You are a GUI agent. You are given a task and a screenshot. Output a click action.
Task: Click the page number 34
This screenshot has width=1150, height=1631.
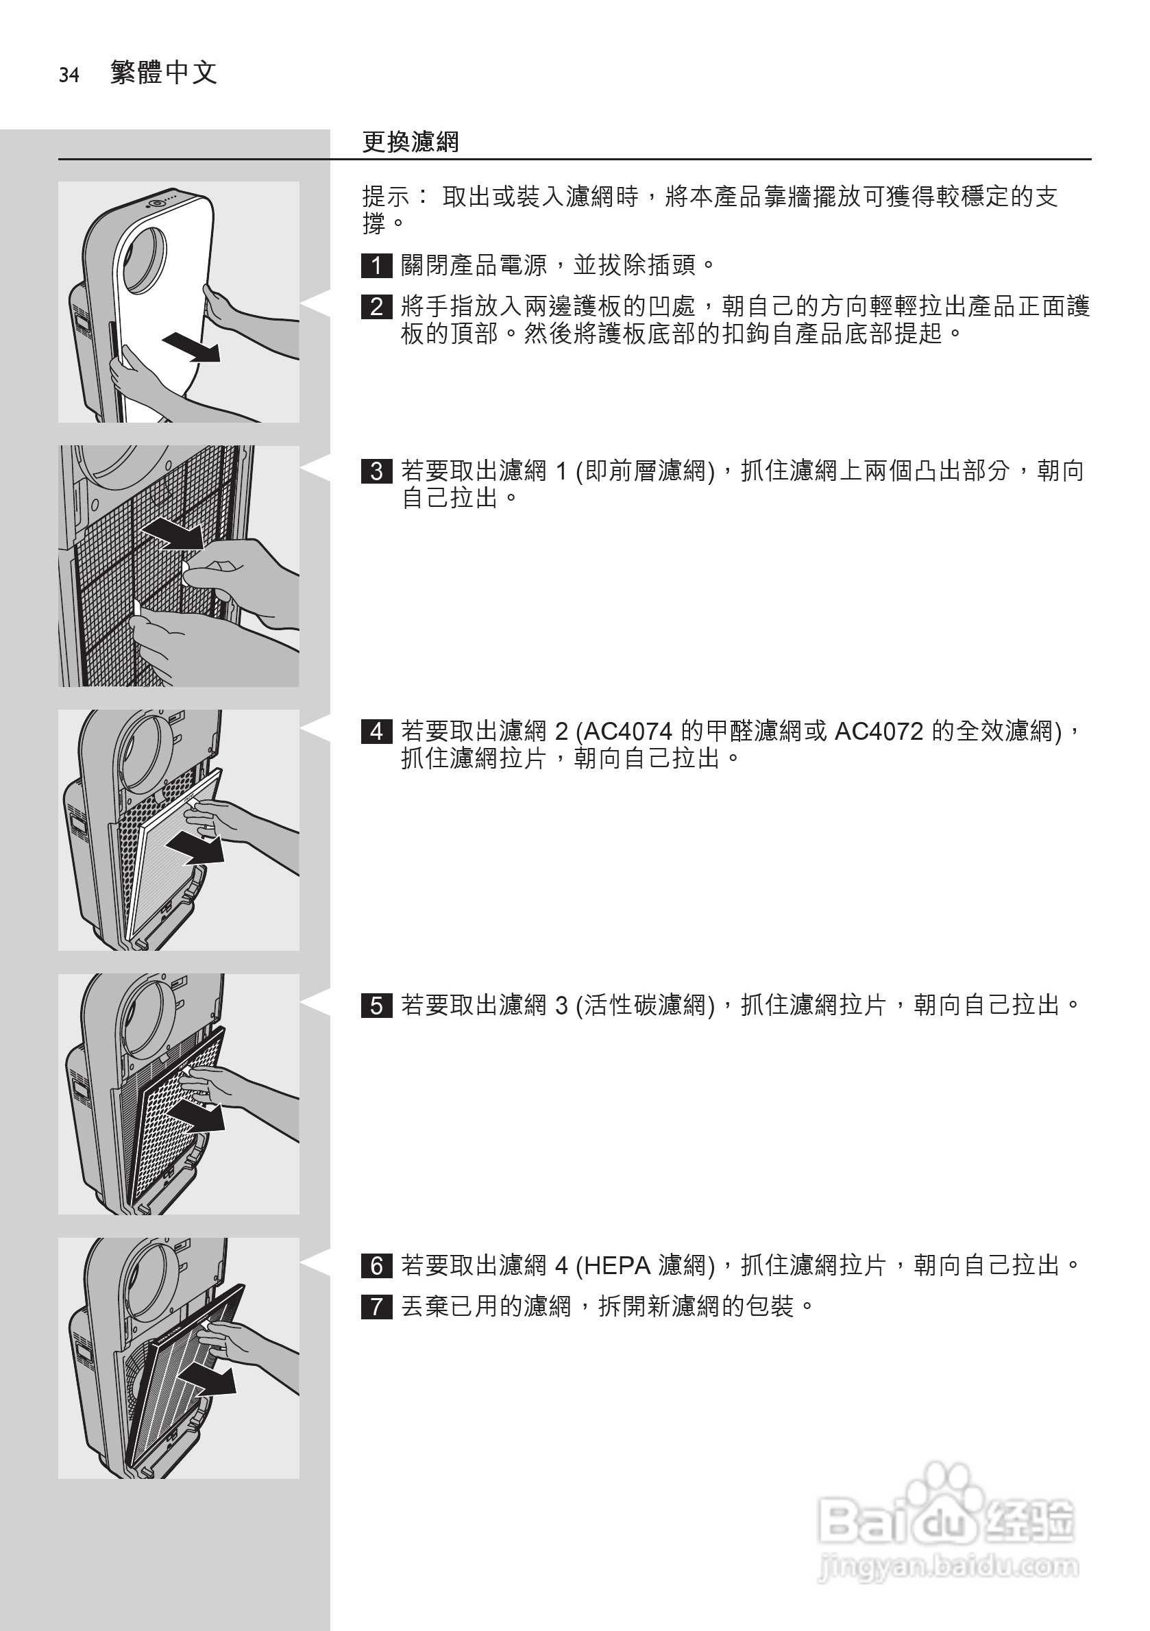69,75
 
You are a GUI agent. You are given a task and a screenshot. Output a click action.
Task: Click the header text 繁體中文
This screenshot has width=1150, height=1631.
164,73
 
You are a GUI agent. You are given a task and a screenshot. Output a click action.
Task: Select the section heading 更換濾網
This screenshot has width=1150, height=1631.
410,142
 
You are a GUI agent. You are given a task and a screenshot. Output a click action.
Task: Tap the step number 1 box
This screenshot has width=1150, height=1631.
377,266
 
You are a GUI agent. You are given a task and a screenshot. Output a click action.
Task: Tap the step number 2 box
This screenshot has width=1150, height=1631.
377,307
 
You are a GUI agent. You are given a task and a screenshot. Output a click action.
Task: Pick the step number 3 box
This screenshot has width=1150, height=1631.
377,471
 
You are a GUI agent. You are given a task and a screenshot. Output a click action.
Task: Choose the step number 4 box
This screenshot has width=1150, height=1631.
377,731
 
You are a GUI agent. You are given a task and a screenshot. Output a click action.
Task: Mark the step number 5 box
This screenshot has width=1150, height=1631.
377,1006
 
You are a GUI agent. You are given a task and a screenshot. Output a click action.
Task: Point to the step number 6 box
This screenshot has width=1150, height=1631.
377,1266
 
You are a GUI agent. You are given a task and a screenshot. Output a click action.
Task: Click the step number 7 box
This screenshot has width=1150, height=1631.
377,1306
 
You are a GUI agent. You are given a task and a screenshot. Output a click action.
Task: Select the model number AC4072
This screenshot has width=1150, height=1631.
879,731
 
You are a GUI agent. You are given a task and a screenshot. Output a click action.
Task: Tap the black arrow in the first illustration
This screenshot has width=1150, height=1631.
191,347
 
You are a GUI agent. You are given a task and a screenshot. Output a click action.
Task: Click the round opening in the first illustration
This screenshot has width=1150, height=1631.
146,260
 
